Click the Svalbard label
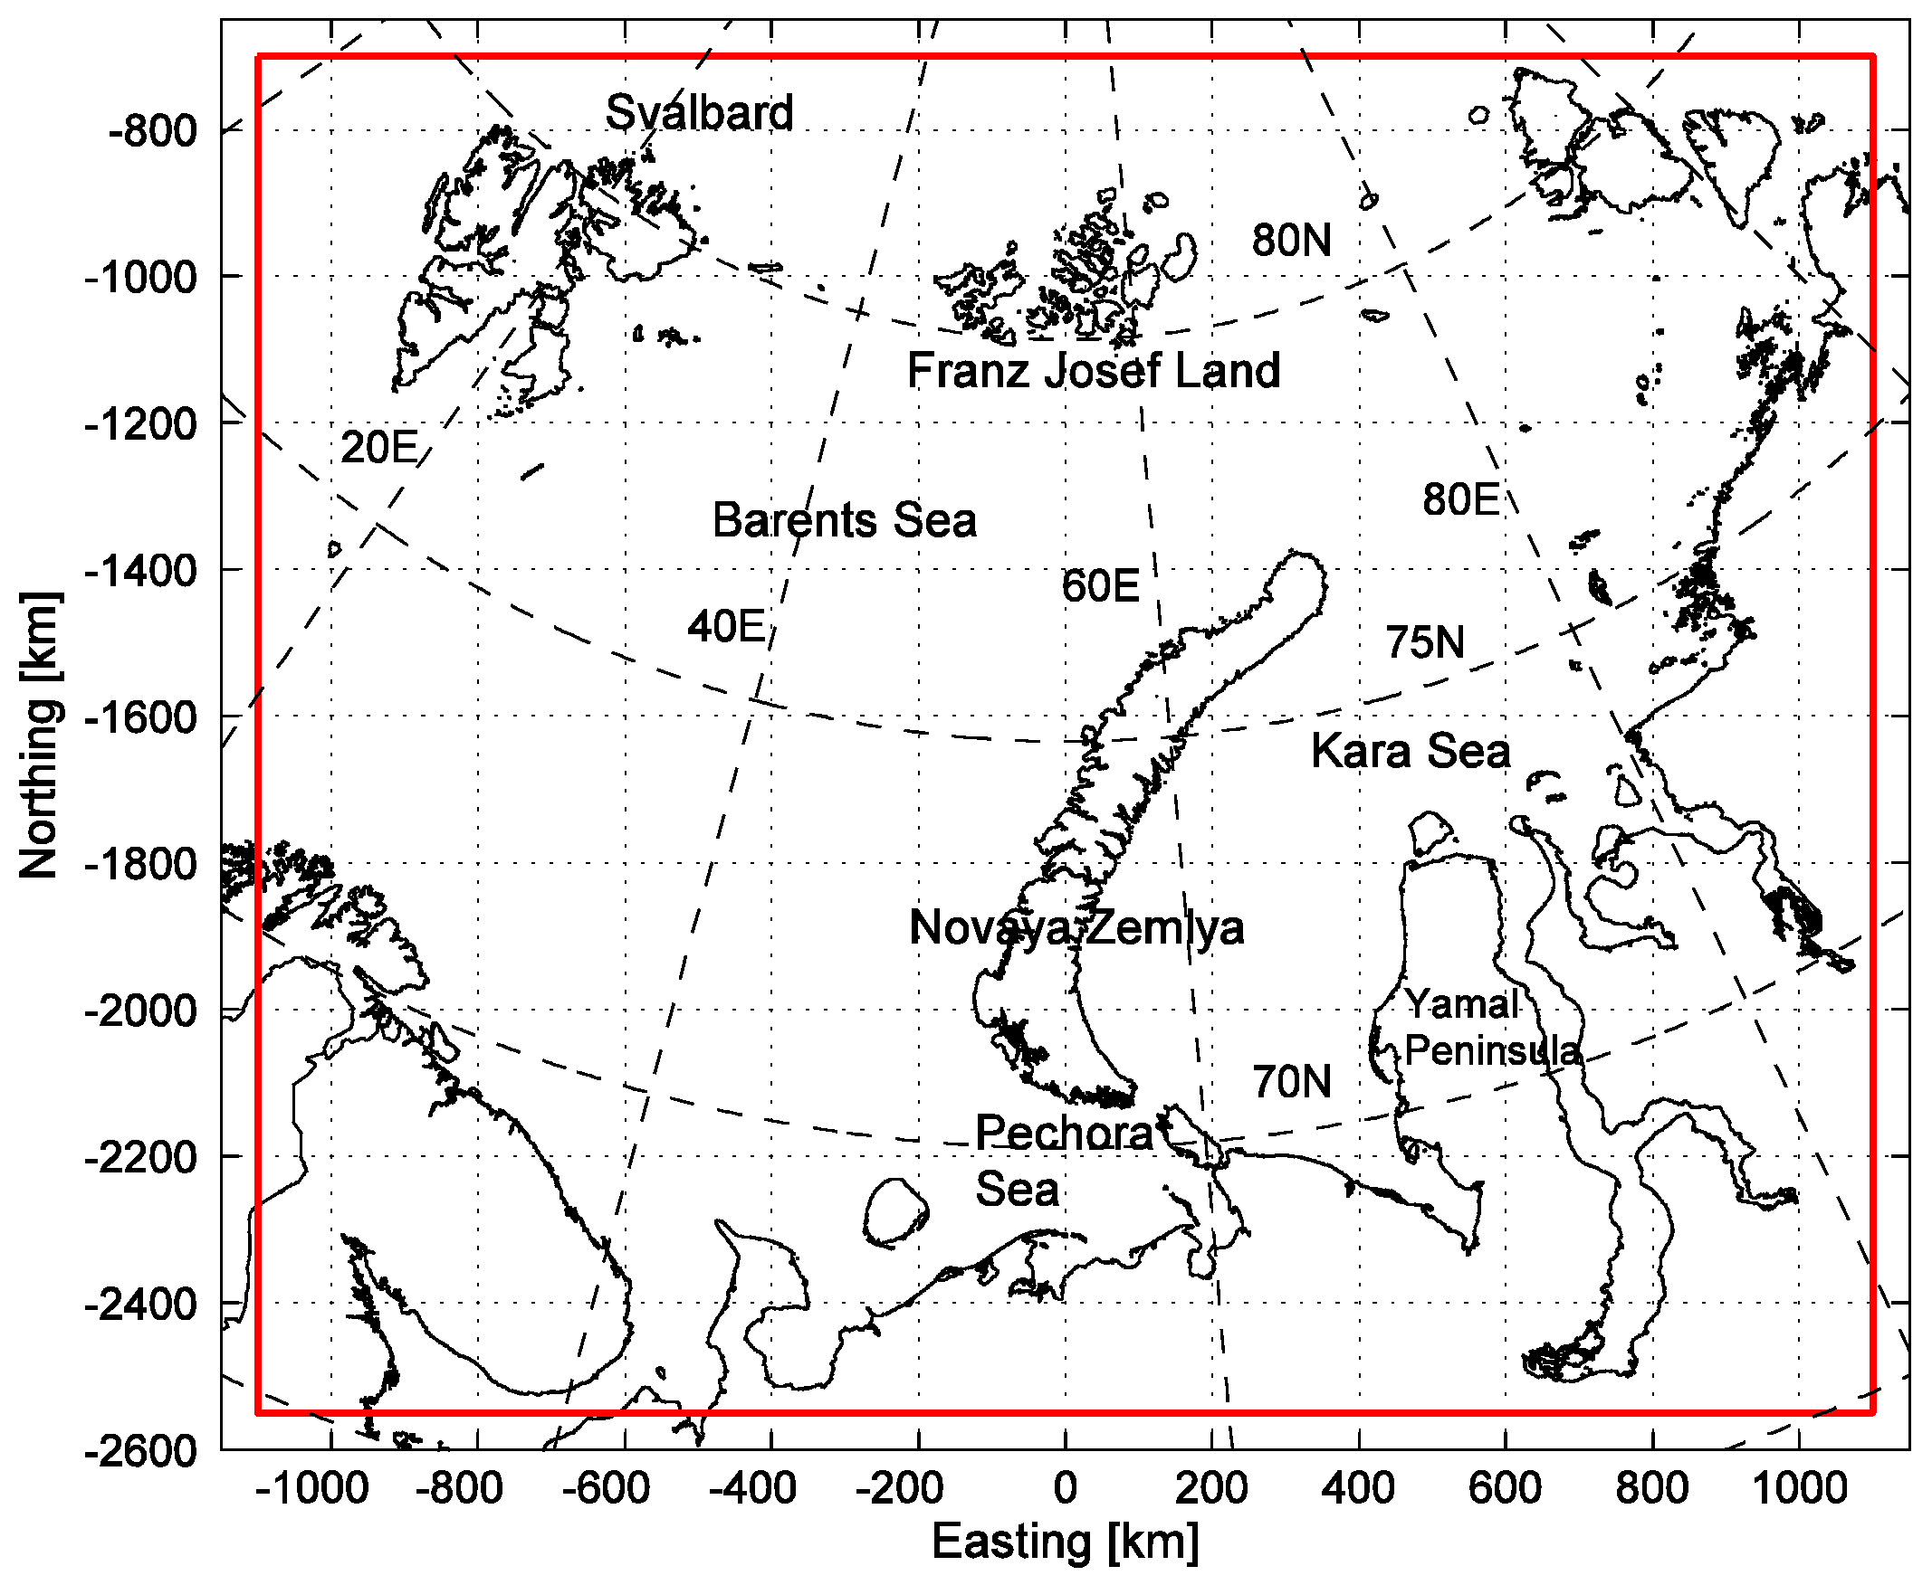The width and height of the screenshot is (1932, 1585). (x=700, y=113)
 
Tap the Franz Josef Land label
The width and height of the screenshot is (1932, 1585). (x=1094, y=371)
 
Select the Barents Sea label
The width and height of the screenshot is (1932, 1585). (x=844, y=520)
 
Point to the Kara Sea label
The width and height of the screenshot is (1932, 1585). (x=1411, y=752)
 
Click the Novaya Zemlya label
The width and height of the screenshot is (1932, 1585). (x=1077, y=928)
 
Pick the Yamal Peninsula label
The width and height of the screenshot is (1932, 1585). (x=1492, y=1028)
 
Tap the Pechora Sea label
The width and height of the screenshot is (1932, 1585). (x=1064, y=1162)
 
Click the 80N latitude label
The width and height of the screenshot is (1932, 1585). (x=1292, y=241)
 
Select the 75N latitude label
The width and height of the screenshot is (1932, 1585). (x=1425, y=642)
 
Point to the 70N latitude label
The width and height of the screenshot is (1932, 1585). (x=1292, y=1082)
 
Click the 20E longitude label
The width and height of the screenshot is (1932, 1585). (x=379, y=449)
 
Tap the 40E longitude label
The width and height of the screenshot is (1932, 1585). (x=726, y=627)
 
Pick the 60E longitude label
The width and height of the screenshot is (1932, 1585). (x=1101, y=586)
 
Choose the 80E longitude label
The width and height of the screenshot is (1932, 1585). (x=1460, y=500)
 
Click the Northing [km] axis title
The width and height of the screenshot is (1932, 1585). (x=40, y=736)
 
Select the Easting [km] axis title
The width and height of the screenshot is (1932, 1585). (x=1065, y=1543)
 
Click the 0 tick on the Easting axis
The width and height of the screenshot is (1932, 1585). (x=1065, y=1488)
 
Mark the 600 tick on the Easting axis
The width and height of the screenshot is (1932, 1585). (x=1506, y=1488)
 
